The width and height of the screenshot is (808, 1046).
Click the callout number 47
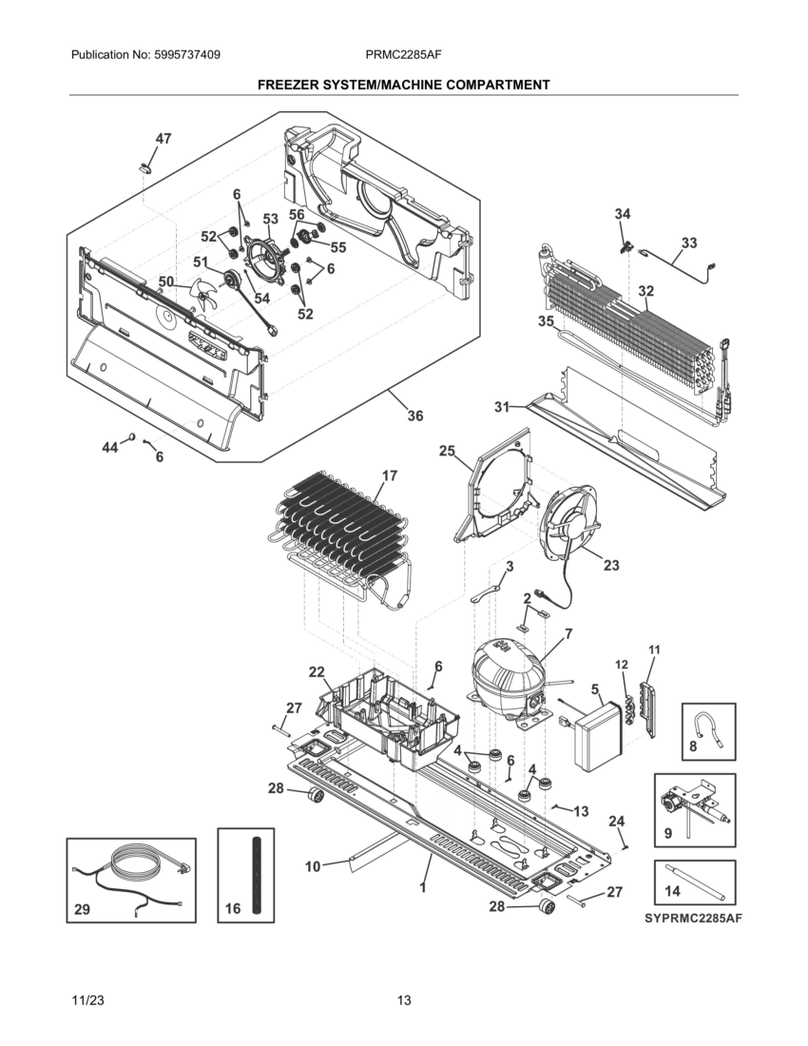[164, 139]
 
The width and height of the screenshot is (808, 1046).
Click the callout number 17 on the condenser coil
[390, 475]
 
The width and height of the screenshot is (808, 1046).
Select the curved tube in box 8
[708, 730]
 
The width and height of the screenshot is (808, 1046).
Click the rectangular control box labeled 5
[601, 733]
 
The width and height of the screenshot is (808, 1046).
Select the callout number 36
[414, 416]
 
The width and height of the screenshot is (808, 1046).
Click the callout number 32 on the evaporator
[646, 291]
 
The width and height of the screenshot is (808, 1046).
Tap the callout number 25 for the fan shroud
[447, 451]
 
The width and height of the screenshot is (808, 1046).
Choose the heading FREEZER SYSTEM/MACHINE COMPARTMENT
[403, 85]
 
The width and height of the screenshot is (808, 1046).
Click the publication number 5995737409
[187, 55]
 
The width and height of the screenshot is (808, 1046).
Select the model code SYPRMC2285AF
[693, 919]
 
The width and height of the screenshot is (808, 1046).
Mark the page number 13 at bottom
[404, 999]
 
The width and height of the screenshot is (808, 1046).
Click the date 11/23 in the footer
[87, 999]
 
